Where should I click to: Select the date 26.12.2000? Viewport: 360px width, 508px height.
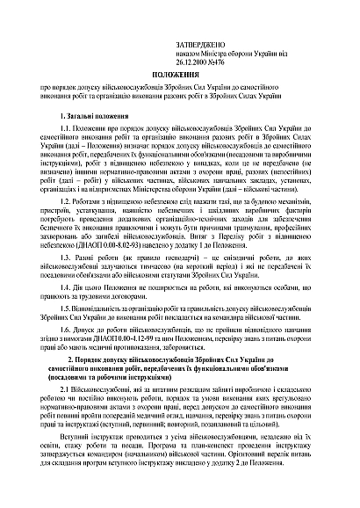tap(177, 49)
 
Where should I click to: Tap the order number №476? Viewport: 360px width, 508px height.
tap(207, 49)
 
